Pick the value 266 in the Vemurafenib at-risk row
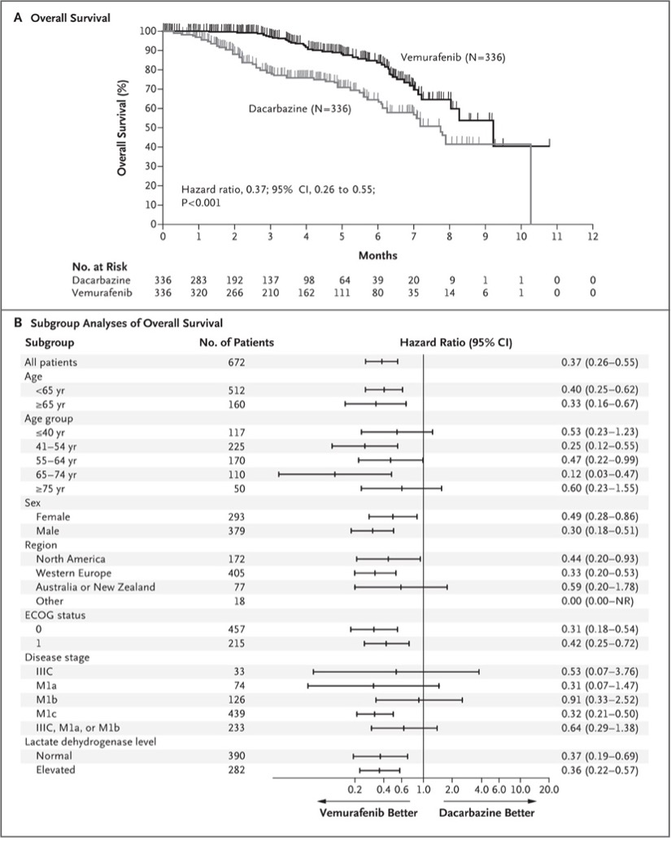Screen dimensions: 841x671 pos(235,293)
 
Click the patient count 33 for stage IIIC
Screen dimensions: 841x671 pos(237,671)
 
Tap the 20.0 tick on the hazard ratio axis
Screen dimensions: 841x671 pos(549,788)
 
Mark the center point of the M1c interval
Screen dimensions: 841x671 pos(375,713)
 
